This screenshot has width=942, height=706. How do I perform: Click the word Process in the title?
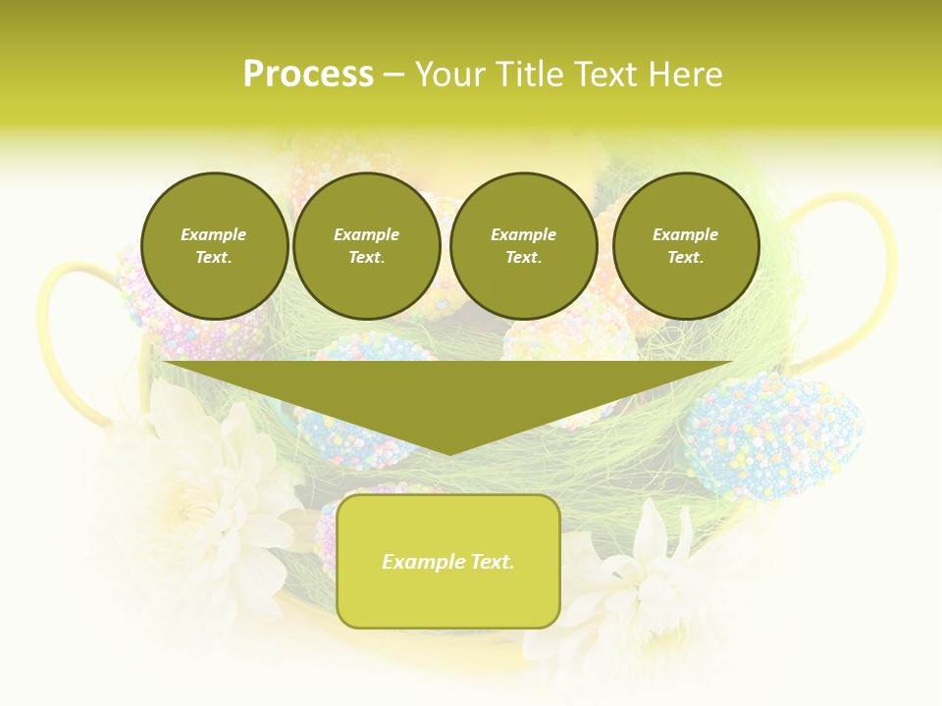308,75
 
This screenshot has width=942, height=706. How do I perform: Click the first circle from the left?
214,246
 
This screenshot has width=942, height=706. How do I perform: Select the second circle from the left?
366,246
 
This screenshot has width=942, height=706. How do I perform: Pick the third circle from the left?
523,246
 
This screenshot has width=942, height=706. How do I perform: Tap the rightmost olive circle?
685,246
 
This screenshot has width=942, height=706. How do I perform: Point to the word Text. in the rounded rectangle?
492,562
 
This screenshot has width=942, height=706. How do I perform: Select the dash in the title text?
394,75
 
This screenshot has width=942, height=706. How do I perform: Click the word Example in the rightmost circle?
685,234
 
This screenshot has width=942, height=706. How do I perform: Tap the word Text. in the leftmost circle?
214,258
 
